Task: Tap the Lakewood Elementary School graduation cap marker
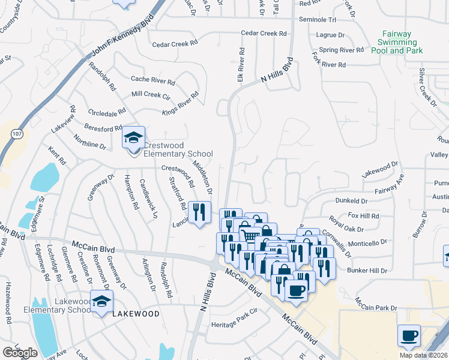(101, 301)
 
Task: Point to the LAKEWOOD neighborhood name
(136, 314)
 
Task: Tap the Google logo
(20, 353)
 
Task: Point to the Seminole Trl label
(321, 20)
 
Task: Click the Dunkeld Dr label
(352, 201)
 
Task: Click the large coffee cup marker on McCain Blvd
(294, 291)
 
